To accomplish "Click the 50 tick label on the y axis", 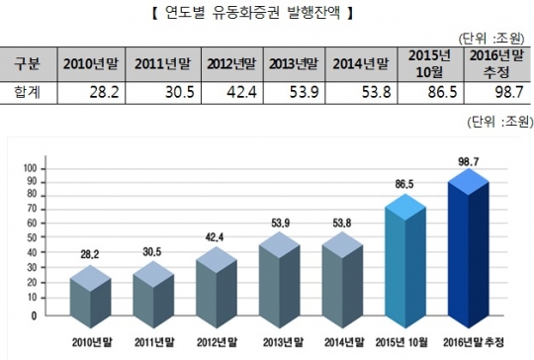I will click(x=33, y=242).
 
